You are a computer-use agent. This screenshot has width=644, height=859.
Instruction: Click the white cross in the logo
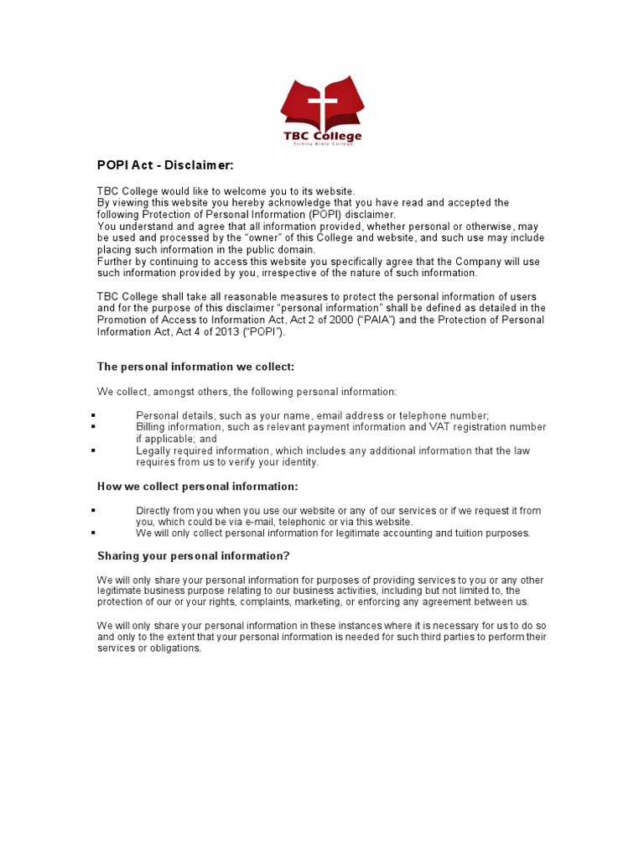tap(320, 106)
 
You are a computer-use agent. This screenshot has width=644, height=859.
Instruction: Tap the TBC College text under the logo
tap(321, 136)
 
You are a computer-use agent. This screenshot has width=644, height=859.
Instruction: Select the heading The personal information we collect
tap(195, 367)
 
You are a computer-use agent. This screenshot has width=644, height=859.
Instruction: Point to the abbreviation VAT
tap(441, 427)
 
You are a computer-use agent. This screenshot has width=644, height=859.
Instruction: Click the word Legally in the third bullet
tap(154, 450)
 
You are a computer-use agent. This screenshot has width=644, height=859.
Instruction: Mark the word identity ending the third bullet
tap(301, 462)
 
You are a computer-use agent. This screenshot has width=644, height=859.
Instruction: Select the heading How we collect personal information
tap(197, 487)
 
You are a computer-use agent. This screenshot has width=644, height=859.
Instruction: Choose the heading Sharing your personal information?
tap(194, 556)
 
